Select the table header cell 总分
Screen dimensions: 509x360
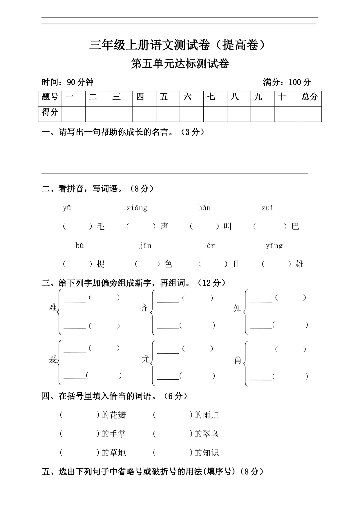click(310, 97)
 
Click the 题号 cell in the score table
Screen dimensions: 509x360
click(50, 97)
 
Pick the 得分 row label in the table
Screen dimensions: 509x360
click(50, 112)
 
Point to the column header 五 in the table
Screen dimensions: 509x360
click(164, 97)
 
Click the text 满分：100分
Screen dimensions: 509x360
click(287, 82)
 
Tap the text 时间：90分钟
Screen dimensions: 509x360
click(67, 82)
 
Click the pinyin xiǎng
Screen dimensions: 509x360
click(137, 208)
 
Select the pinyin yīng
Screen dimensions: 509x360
click(274, 246)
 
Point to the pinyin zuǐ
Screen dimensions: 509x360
click(267, 208)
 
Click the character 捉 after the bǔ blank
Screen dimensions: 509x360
click(101, 264)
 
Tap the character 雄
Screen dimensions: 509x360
click(299, 264)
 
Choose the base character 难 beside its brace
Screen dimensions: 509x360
click(53, 307)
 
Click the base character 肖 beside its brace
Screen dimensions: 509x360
click(238, 360)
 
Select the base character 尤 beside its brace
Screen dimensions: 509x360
click(145, 359)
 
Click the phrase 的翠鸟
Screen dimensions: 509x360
click(206, 434)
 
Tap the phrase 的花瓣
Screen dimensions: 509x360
click(113, 415)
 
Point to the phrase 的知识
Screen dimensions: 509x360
click(206, 453)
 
